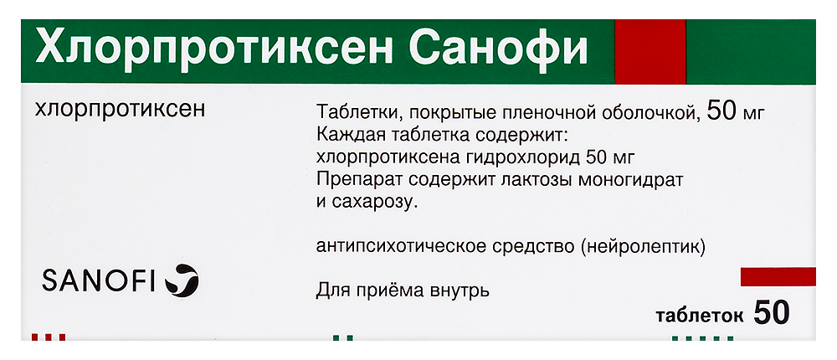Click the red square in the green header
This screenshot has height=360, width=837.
650,51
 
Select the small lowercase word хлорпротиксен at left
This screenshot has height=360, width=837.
120,111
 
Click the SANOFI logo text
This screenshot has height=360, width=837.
99,281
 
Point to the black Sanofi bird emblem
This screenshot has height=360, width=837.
182,280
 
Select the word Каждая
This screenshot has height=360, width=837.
346,136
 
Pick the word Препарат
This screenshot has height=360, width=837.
352,181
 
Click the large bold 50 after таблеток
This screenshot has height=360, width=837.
772,312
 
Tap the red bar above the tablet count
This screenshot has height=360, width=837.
778,276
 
